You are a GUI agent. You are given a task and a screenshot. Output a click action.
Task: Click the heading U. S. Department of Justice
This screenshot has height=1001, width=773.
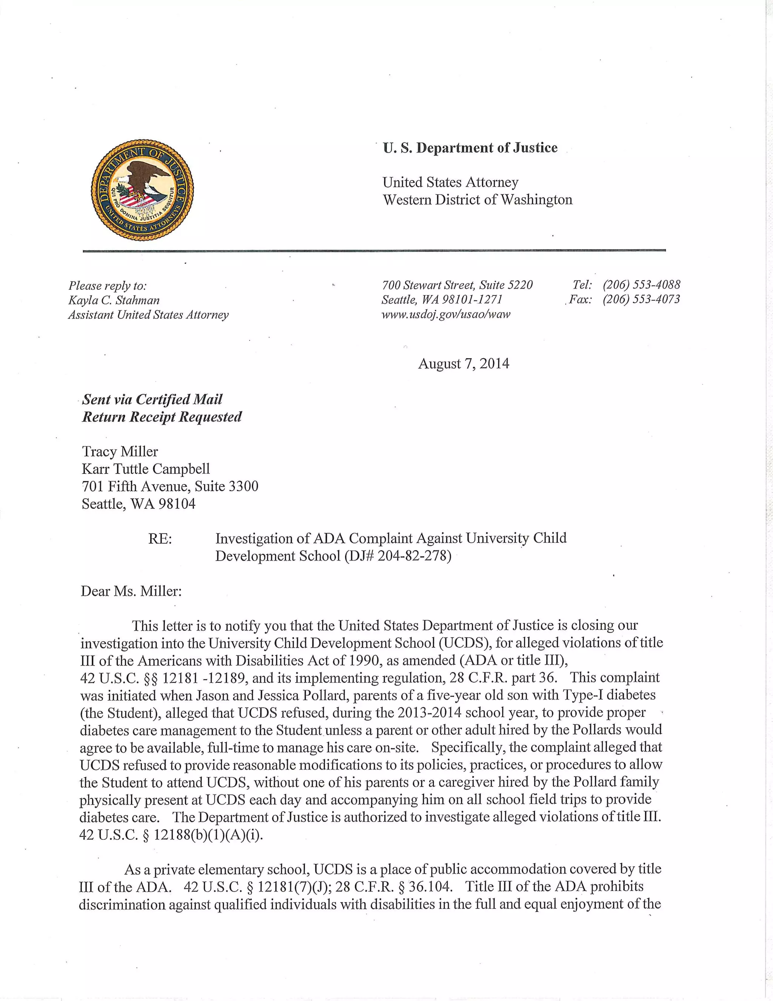tap(470, 148)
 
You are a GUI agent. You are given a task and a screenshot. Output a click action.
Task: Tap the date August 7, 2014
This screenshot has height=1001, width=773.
tap(463, 363)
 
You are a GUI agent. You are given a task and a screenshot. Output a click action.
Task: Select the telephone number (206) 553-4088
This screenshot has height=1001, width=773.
tap(641, 285)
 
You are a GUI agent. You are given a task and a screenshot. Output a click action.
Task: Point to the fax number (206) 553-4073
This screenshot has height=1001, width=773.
tap(641, 299)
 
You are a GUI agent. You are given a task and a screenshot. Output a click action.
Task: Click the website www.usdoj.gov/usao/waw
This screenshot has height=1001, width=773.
tap(446, 314)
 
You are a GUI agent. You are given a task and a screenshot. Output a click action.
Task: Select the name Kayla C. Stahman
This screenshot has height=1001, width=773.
tap(114, 300)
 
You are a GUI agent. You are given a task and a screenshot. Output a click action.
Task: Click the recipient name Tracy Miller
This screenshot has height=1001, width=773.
tap(120, 451)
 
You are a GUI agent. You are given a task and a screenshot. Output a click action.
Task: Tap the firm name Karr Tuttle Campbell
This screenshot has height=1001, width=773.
tap(146, 469)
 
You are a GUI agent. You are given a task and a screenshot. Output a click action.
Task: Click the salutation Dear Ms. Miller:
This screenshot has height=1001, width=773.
tap(131, 591)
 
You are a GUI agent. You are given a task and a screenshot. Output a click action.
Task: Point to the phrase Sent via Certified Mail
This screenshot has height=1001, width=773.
tap(152, 400)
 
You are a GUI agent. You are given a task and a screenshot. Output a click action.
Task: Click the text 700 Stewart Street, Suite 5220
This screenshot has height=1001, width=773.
tap(457, 285)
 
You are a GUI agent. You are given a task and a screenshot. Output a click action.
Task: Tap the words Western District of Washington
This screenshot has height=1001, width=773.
tap(477, 200)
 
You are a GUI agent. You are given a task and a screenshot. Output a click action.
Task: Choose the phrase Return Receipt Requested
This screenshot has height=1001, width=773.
tap(162, 417)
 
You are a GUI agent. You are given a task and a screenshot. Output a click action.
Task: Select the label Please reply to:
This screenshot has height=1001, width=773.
tap(108, 286)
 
